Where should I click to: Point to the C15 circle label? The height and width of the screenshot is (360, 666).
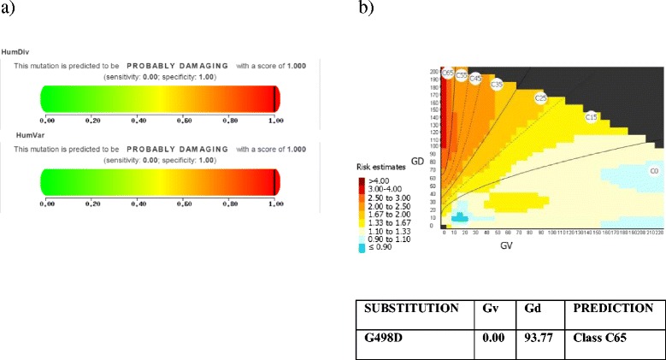tap(590, 116)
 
